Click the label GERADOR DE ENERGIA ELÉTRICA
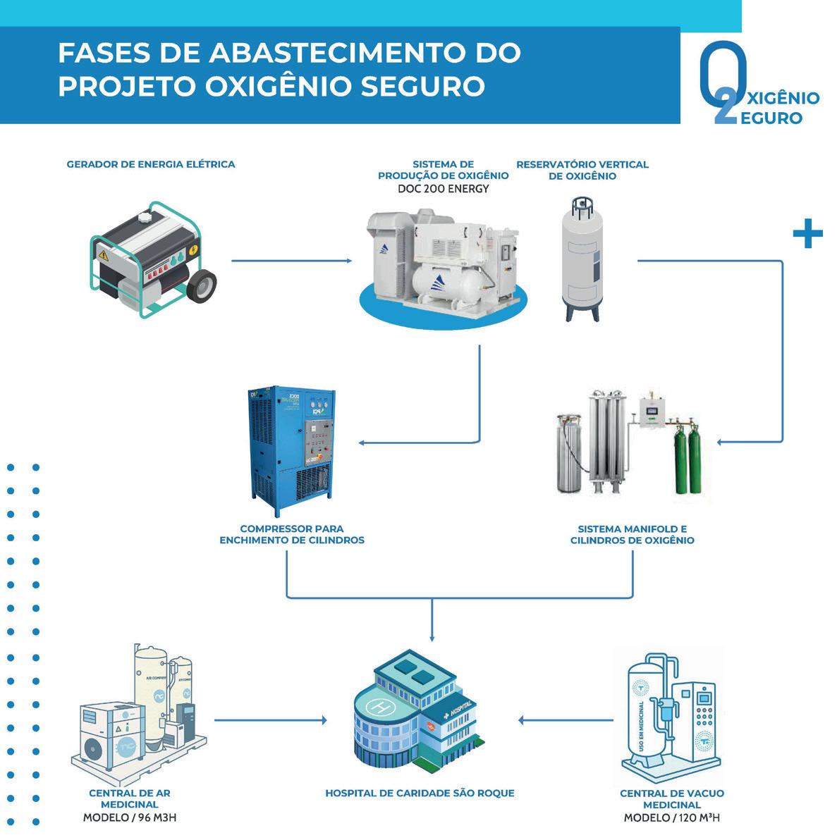(x=151, y=164)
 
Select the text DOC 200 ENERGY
(x=443, y=189)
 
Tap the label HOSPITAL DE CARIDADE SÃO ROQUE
(x=420, y=793)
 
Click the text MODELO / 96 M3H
(x=129, y=818)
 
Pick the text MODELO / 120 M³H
(x=671, y=818)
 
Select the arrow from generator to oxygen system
(x=291, y=261)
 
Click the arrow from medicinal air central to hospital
(x=271, y=720)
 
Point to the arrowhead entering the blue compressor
(x=362, y=443)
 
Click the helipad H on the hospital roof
(x=381, y=705)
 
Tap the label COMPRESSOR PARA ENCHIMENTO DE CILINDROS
(x=292, y=534)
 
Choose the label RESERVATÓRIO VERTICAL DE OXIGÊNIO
(x=582, y=170)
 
